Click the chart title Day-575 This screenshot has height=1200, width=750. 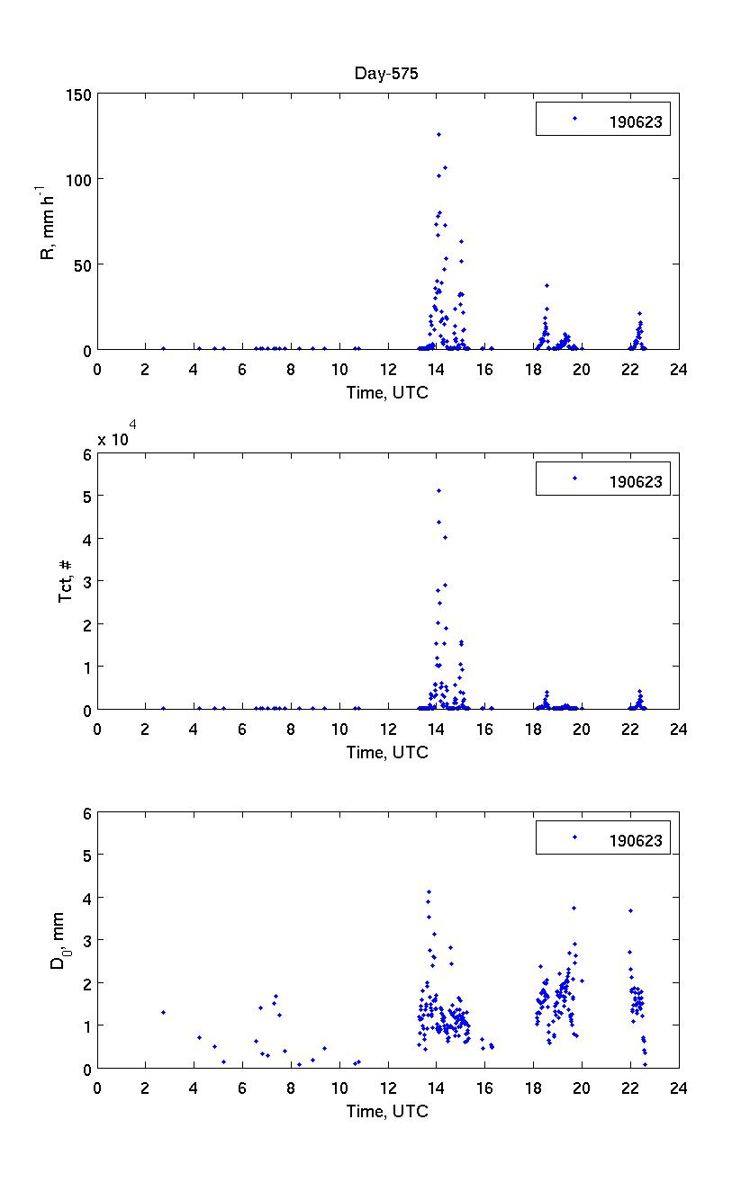386,75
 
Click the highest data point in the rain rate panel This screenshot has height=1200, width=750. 438,134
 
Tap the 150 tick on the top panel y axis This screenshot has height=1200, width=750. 79,94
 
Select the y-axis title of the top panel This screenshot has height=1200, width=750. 48,221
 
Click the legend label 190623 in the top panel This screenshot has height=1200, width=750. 636,124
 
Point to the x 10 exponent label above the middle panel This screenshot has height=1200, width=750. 118,439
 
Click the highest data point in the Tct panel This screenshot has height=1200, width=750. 438,490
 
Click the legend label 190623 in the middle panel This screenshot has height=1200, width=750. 636,482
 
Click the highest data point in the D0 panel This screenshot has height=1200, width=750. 429,891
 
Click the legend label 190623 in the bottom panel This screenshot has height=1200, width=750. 636,841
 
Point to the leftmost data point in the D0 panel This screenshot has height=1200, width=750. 163,1012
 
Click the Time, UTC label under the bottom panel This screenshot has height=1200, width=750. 387,1111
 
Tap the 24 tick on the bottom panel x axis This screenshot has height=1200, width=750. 678,1086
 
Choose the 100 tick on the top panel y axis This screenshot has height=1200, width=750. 79,180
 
